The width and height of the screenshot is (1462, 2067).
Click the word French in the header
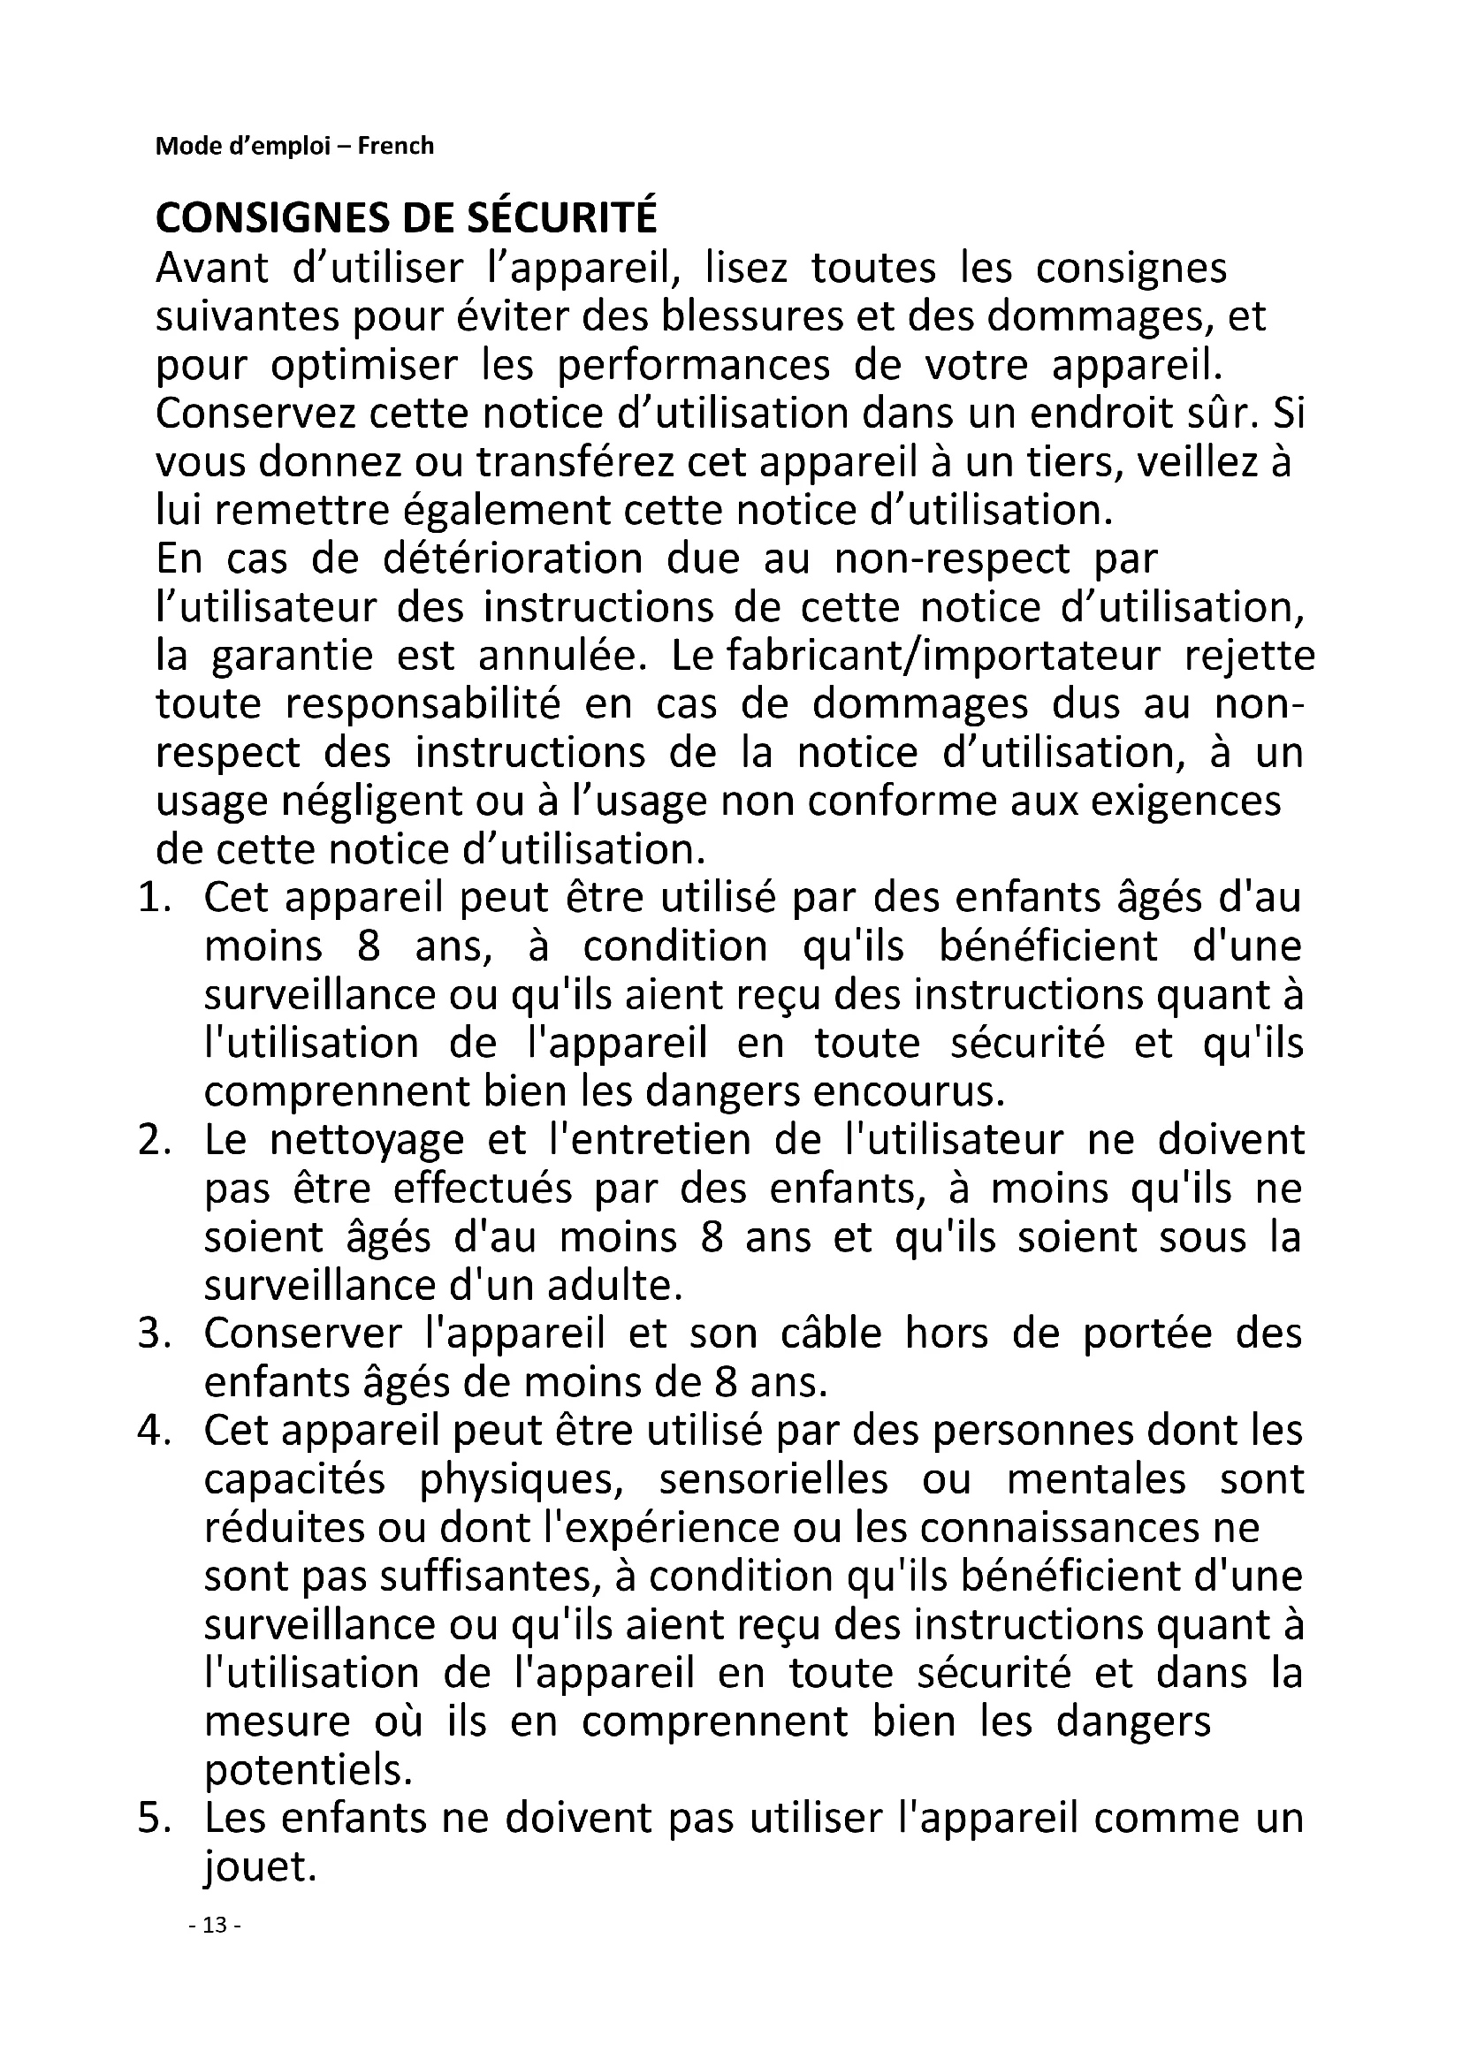click(x=395, y=146)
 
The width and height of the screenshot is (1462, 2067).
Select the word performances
click(x=693, y=366)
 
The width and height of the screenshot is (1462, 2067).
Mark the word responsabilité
click(x=423, y=704)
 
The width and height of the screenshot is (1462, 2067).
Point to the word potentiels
click(x=308, y=1721)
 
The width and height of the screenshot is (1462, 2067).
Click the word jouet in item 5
click(x=259, y=1818)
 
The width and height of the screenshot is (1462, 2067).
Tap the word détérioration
click(x=513, y=559)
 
